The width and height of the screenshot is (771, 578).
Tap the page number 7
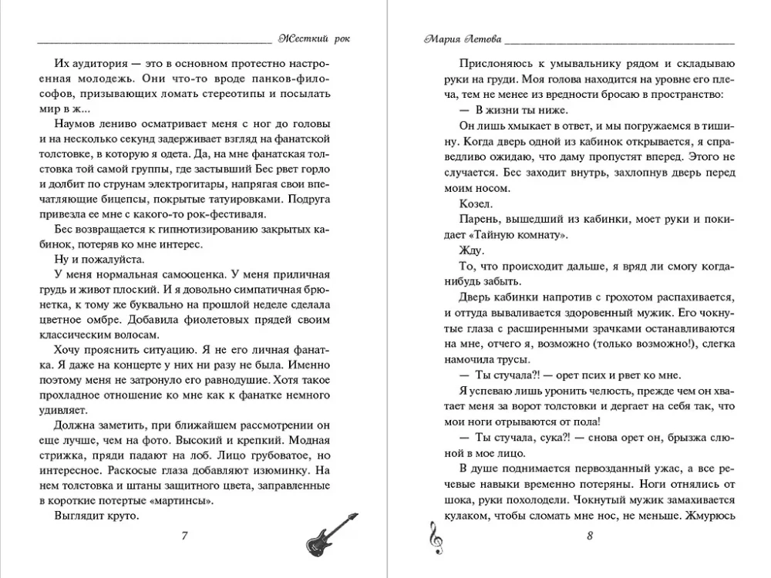coord(183,537)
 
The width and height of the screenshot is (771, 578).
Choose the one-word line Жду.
coord(471,250)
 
